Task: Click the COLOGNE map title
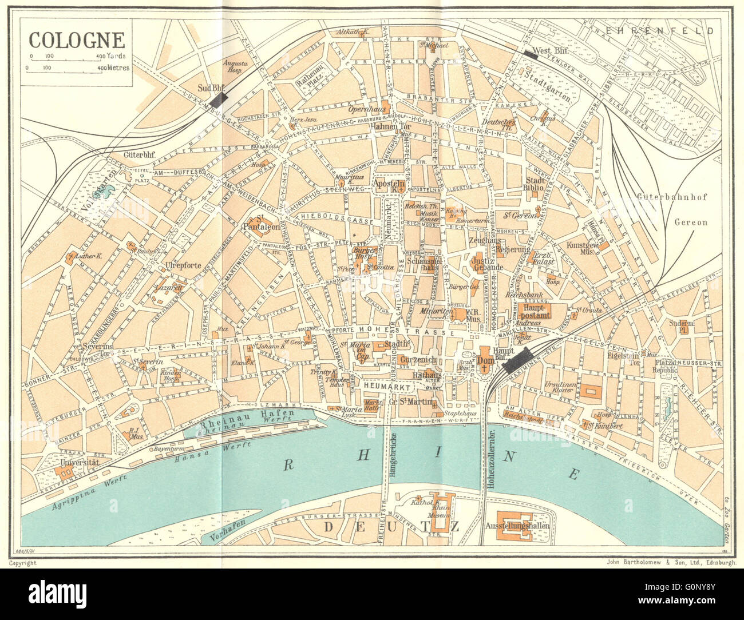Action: (x=76, y=41)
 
